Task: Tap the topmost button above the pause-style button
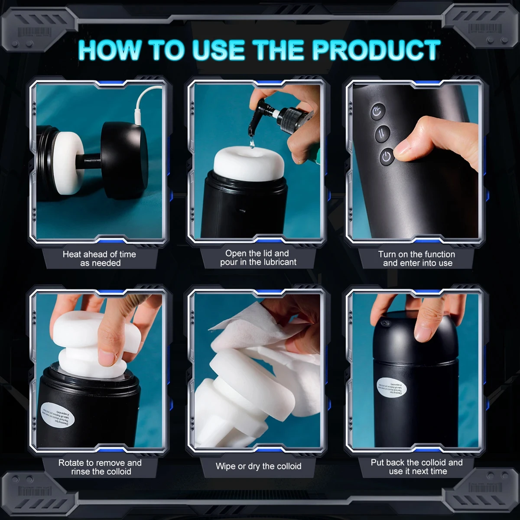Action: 378,112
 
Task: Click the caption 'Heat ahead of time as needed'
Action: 100,259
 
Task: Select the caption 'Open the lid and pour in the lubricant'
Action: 258,258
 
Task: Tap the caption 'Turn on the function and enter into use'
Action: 417,259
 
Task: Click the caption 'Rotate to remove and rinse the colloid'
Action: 100,467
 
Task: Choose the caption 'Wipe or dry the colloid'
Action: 258,466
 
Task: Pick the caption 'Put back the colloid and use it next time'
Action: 417,467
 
